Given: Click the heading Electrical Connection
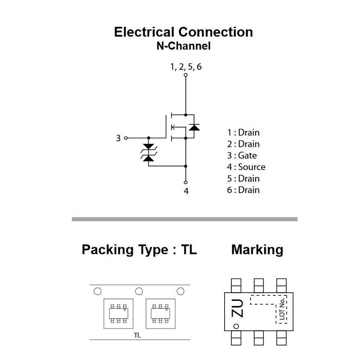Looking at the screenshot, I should (x=183, y=32).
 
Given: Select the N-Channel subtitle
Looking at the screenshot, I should (x=183, y=46).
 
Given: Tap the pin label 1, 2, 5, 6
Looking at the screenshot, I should (x=186, y=67).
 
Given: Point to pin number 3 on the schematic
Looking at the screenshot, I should (x=118, y=138).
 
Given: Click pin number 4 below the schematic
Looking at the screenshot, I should (x=186, y=191).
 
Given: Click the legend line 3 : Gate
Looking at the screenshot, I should (x=242, y=155).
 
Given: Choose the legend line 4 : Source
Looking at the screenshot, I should (x=246, y=167).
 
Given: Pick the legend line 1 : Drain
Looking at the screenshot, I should (x=243, y=132).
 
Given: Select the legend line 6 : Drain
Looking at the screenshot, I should (x=243, y=190).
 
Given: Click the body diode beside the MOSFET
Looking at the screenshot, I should (x=194, y=127).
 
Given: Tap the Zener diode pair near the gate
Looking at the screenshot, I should (x=149, y=152).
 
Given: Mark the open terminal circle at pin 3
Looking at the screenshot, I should (x=126, y=138).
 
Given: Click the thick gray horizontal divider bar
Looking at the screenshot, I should (x=184, y=219).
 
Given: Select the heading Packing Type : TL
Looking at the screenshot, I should (x=139, y=249).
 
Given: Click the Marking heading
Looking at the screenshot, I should (x=257, y=249).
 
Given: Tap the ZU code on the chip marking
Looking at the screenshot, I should (x=237, y=308).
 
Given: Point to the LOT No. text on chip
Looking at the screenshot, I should (x=282, y=309).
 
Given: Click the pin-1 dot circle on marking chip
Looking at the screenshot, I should (x=236, y=326).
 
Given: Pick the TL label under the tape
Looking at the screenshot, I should (x=137, y=335).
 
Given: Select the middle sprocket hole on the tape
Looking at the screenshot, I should (x=139, y=291).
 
